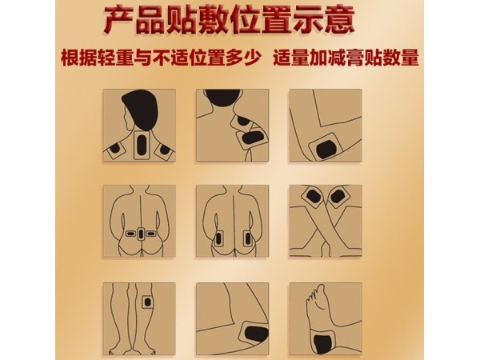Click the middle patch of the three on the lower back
(x=141, y=234)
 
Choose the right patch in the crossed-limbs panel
(x=340, y=196)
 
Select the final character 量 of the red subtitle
(x=412, y=58)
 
